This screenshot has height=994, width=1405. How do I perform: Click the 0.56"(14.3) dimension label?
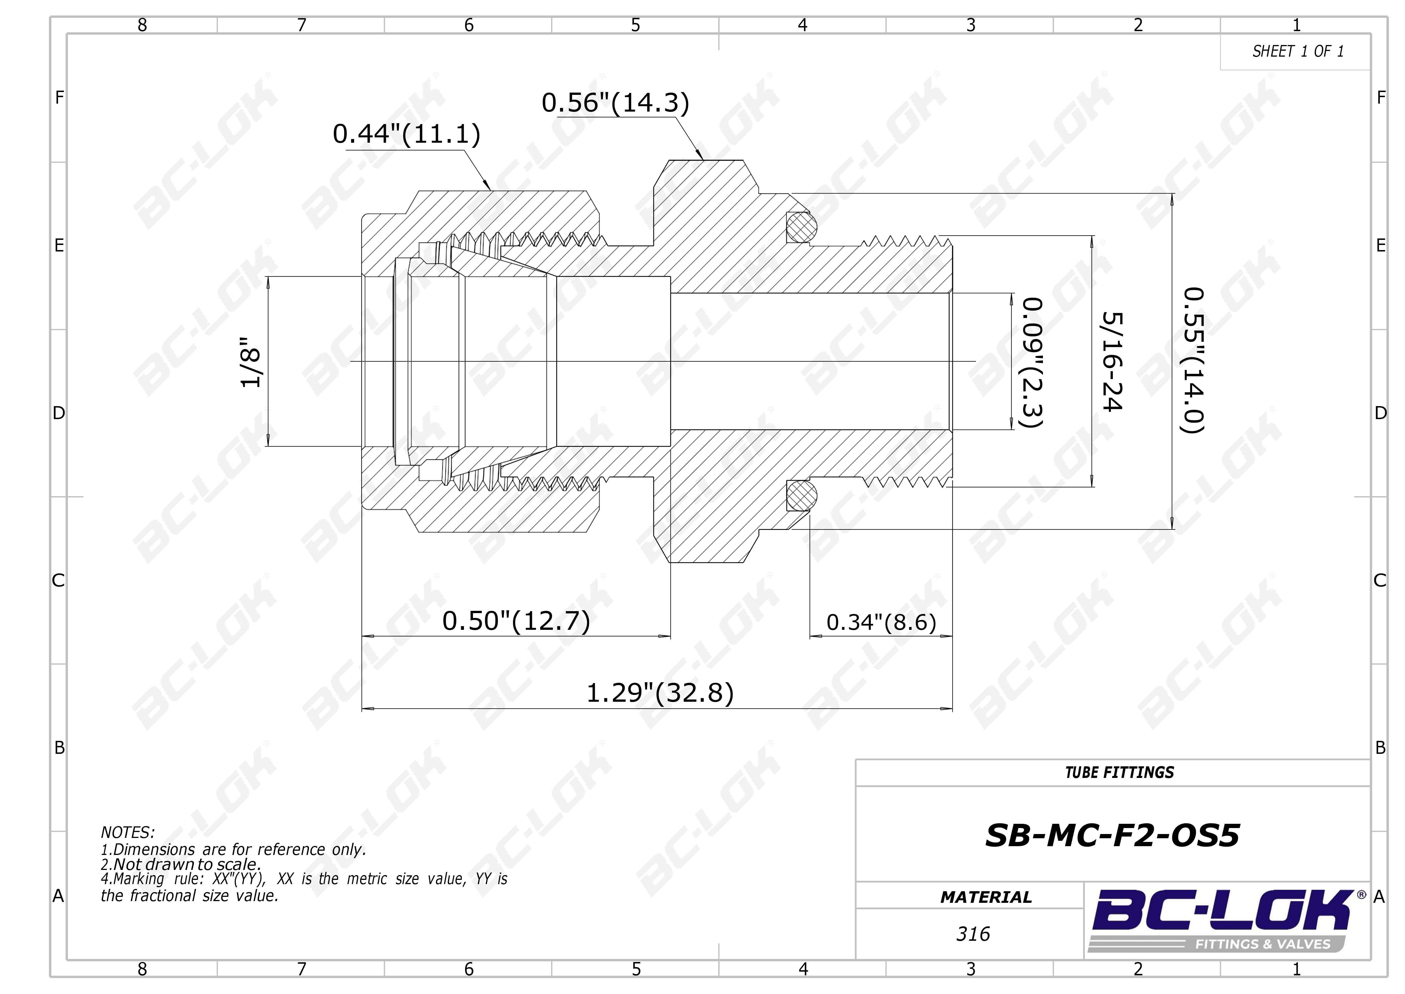(616, 103)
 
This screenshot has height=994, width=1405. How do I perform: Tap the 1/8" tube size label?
(251, 362)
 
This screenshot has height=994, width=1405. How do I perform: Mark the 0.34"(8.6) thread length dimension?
(881, 622)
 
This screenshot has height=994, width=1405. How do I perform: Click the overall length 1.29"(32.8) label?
(660, 693)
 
